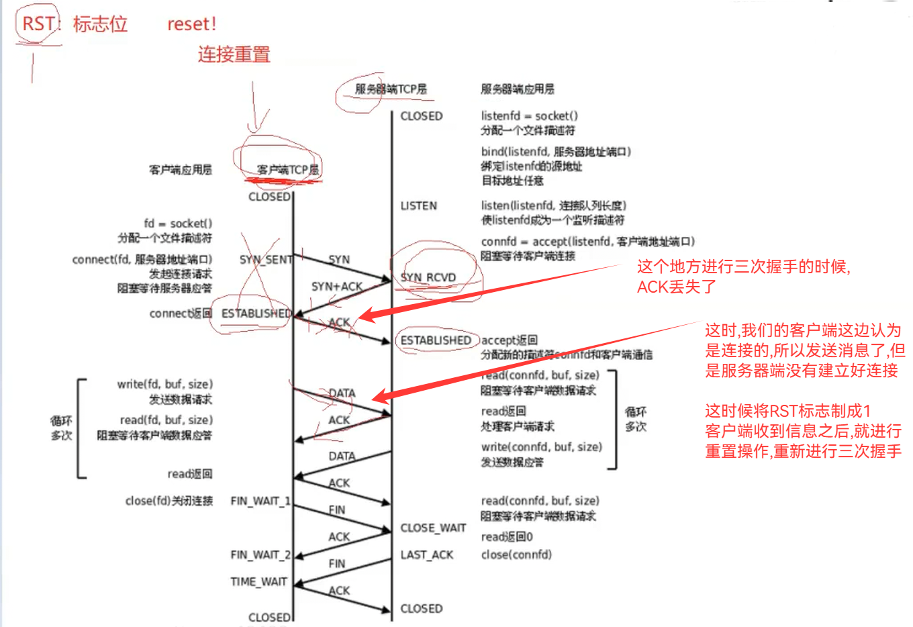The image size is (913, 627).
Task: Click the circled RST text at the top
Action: coord(38,24)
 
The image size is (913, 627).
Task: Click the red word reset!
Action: coord(191,24)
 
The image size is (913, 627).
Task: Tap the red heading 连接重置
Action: coord(234,54)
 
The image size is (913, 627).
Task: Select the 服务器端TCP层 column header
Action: coord(391,89)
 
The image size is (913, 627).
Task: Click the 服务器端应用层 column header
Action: coord(518,89)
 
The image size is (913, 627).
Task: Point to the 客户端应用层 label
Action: coord(181,170)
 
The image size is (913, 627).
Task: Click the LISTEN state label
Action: coord(419,206)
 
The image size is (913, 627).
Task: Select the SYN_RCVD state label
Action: coord(428,278)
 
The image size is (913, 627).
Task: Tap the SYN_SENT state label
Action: coord(266,260)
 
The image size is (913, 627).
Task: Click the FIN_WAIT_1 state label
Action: coord(260,501)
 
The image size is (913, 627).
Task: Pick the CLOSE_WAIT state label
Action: coord(433,528)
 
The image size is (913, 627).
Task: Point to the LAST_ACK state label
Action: coord(427,555)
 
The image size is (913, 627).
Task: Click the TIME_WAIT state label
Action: coord(258,582)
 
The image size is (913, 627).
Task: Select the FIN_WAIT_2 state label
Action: coord(260,555)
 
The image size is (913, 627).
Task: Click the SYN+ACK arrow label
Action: coord(336,287)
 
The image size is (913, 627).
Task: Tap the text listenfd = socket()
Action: coord(529,116)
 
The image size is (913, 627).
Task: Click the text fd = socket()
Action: coord(178,224)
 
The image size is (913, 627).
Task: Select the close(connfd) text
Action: coord(516,555)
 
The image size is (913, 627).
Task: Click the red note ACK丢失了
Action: coord(677,287)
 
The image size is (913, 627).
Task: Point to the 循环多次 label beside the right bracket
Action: coord(635,419)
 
